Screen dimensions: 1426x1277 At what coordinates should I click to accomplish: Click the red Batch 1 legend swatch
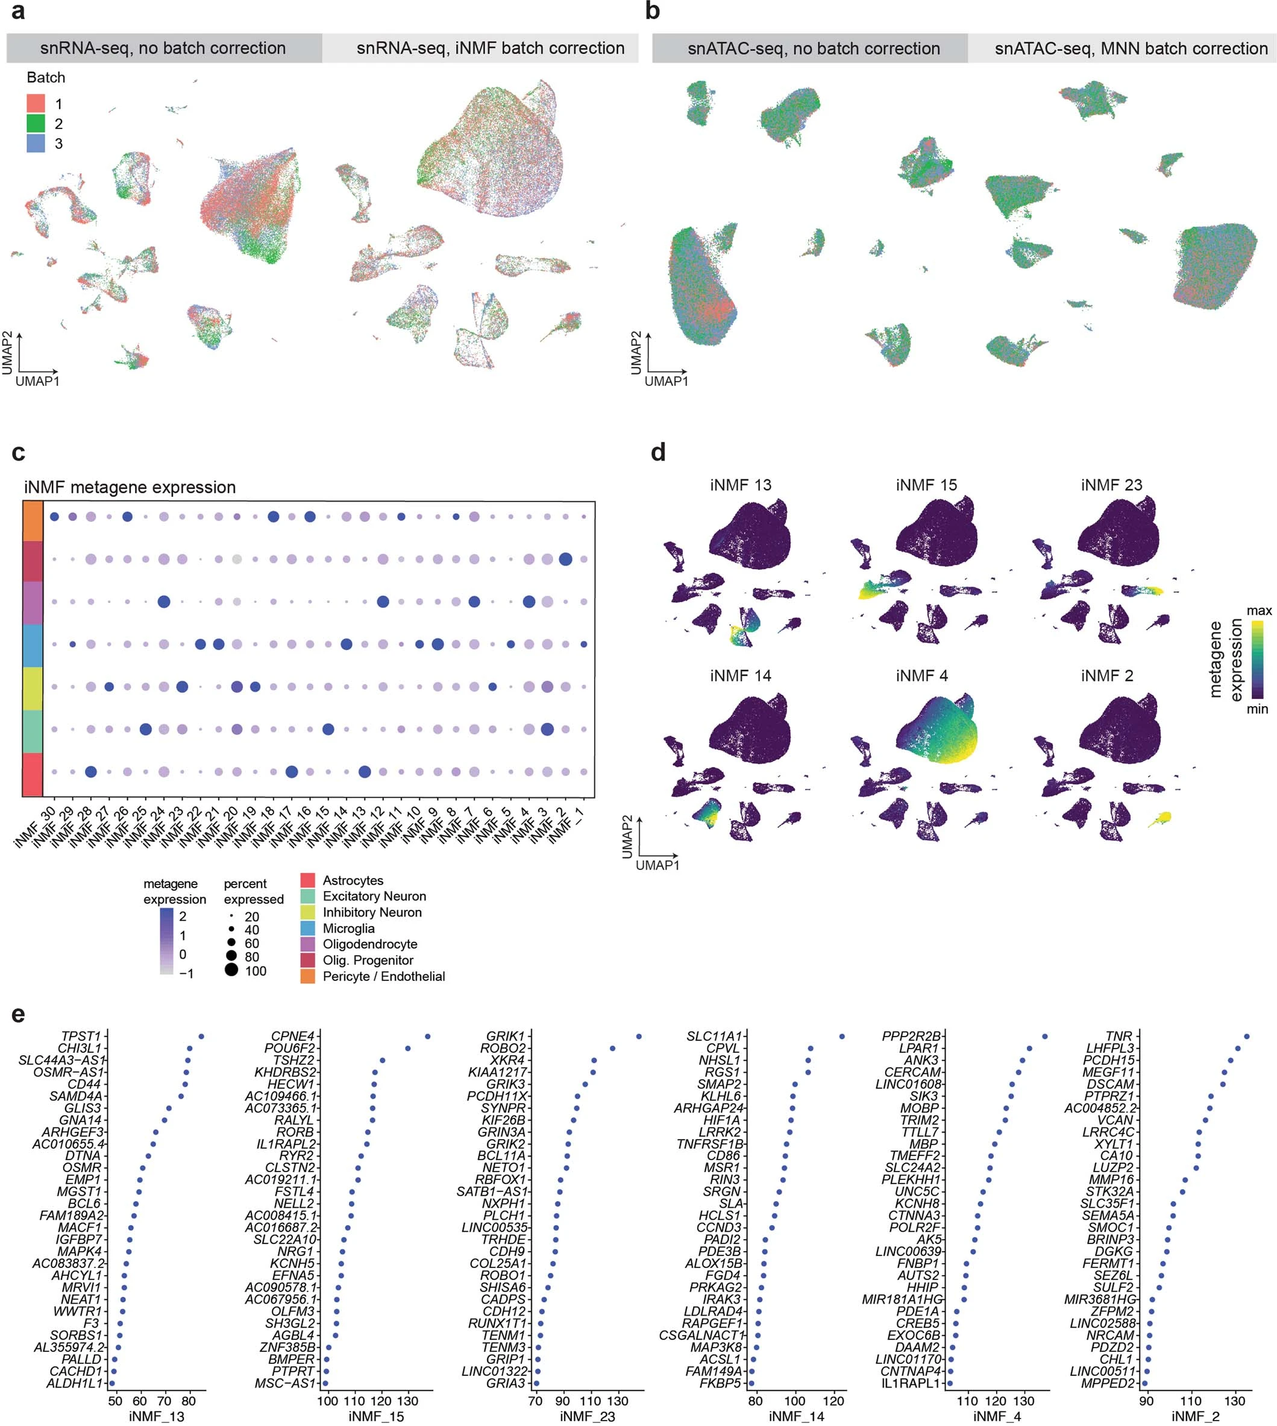36,104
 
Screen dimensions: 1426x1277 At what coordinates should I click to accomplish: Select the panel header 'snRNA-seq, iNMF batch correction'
490,48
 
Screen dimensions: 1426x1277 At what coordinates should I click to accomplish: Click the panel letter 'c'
18,453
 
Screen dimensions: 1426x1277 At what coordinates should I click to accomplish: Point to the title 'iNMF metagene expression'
130,487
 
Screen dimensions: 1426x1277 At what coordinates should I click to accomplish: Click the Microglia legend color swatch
307,928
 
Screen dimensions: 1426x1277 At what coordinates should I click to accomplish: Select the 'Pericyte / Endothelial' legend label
383,976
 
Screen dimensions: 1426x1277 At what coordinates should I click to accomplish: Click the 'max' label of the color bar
1259,611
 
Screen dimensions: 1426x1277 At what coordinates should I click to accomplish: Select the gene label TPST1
81,1036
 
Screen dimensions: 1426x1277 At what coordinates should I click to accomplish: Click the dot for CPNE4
427,1036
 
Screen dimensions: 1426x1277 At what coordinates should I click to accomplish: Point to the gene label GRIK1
505,1036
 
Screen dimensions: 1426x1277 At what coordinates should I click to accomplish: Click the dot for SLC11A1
842,1036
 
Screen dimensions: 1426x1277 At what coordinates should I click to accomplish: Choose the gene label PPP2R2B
911,1036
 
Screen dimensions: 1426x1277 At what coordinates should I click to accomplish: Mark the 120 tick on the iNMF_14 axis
834,1401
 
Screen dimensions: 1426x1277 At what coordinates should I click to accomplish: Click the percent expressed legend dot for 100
231,970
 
